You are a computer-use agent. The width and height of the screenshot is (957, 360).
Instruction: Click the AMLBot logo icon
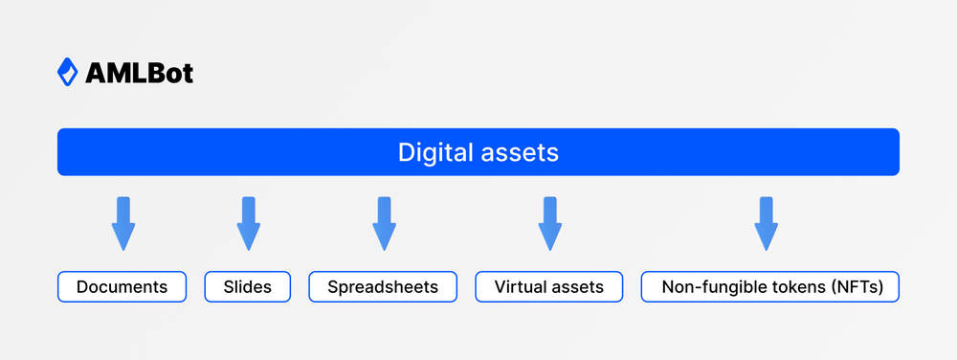[x=67, y=72]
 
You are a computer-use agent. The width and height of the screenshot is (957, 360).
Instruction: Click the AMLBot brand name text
[x=139, y=73]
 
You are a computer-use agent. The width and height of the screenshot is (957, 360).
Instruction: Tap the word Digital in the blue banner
[x=429, y=152]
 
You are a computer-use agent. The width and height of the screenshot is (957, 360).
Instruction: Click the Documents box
[x=122, y=286]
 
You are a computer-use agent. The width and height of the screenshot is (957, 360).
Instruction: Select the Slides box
[x=248, y=286]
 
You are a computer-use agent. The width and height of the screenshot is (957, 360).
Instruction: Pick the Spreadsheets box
[x=383, y=286]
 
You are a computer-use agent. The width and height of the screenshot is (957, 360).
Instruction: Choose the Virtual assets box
[x=549, y=286]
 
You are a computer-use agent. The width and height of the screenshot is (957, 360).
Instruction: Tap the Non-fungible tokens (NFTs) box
[x=769, y=286]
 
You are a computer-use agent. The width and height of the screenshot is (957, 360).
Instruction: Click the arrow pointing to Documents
[x=122, y=225]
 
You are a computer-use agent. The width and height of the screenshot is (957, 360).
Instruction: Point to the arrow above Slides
[x=248, y=225]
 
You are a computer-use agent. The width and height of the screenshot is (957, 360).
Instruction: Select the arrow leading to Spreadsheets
[x=384, y=225]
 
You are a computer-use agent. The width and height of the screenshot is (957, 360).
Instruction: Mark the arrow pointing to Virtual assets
[x=549, y=225]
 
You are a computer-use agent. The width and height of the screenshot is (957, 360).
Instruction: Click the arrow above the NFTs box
[x=765, y=225]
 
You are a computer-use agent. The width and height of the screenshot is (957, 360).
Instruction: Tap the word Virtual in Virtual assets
[x=523, y=286]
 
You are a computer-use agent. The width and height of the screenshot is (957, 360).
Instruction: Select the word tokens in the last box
[x=790, y=286]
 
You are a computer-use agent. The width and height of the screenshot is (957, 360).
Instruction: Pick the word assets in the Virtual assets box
[x=579, y=286]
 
